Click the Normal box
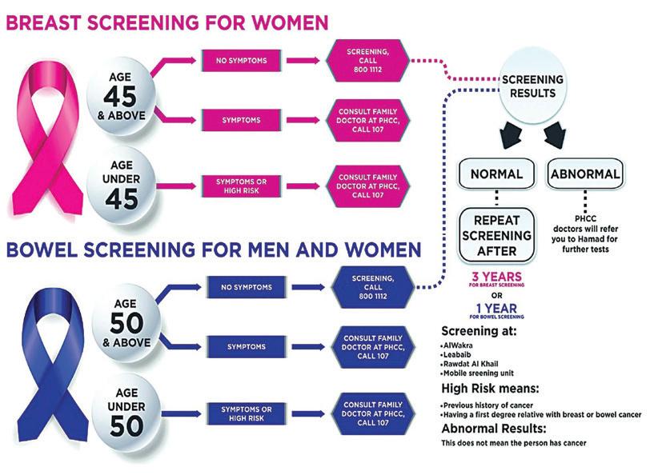point(496,174)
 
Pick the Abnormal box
point(584,174)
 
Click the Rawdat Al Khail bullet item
point(473,363)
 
